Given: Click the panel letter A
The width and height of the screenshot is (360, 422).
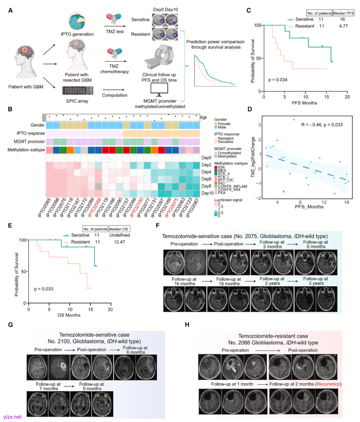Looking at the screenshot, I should [x=11, y=11].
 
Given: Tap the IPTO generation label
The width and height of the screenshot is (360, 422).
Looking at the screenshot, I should [x=77, y=34].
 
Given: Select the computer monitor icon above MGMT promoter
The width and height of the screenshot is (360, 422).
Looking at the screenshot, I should [x=159, y=89].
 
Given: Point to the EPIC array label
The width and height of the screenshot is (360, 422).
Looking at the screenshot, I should [x=77, y=101].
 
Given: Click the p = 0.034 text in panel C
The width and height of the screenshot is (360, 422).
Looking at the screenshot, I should [x=278, y=80].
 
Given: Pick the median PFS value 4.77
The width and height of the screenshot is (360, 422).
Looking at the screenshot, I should [x=343, y=26].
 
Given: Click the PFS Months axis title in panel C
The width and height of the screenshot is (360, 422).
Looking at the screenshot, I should [x=304, y=103].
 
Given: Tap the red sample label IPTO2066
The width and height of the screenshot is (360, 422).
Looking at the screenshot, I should [x=95, y=207].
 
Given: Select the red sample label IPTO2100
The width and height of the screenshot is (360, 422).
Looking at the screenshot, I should [x=137, y=207].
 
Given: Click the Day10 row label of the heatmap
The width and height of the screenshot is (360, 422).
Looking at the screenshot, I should [x=207, y=193].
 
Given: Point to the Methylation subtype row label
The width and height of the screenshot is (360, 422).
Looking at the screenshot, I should [x=26, y=150].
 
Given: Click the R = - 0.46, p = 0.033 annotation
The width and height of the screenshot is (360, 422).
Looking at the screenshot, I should [x=322, y=125].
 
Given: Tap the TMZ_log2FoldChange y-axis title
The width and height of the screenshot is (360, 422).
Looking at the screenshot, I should [x=253, y=157].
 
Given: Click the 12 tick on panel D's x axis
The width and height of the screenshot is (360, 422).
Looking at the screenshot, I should [x=324, y=202].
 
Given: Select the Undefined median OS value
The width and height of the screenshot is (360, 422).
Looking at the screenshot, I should [x=120, y=235].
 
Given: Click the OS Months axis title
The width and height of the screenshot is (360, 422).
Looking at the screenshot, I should [x=69, y=315].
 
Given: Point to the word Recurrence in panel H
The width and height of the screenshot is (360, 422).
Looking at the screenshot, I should [x=328, y=384].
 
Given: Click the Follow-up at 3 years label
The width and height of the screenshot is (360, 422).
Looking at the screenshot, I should [x=315, y=281].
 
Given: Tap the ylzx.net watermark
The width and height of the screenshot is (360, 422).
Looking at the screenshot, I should [x=12, y=417].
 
